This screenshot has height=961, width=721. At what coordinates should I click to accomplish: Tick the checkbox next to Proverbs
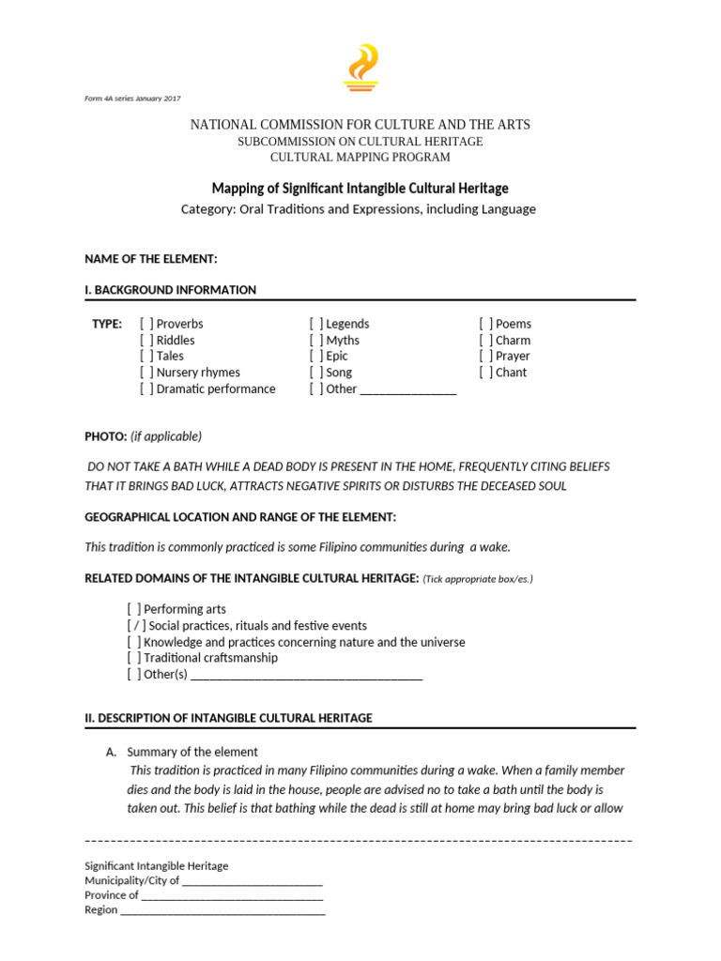pyautogui.click(x=146, y=324)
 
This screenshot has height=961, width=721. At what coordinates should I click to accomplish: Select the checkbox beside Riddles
pyautogui.click(x=146, y=340)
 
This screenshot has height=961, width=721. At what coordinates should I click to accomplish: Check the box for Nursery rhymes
pyautogui.click(x=146, y=373)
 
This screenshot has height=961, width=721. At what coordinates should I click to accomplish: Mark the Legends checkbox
pyautogui.click(x=316, y=324)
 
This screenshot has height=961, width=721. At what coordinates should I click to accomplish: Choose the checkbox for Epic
pyautogui.click(x=316, y=357)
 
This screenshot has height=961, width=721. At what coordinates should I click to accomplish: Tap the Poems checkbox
pyautogui.click(x=486, y=324)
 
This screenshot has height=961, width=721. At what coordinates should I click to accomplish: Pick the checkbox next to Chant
pyautogui.click(x=486, y=373)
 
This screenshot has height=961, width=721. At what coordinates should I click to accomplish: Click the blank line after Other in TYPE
pyautogui.click(x=408, y=390)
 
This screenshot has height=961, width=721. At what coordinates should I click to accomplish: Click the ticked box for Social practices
pyautogui.click(x=134, y=626)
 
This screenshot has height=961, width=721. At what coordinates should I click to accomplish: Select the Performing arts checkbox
pyautogui.click(x=134, y=609)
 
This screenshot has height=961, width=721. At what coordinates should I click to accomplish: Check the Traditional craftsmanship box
pyautogui.click(x=134, y=659)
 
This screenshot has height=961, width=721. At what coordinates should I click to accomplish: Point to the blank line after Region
pyautogui.click(x=222, y=910)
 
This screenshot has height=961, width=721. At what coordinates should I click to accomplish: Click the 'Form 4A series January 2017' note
pyautogui.click(x=132, y=99)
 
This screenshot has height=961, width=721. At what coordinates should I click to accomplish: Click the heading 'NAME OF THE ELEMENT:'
pyautogui.click(x=151, y=259)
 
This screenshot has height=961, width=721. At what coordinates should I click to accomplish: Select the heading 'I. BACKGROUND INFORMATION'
pyautogui.click(x=171, y=290)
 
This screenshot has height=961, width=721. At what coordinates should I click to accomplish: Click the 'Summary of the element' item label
pyautogui.click(x=192, y=753)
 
